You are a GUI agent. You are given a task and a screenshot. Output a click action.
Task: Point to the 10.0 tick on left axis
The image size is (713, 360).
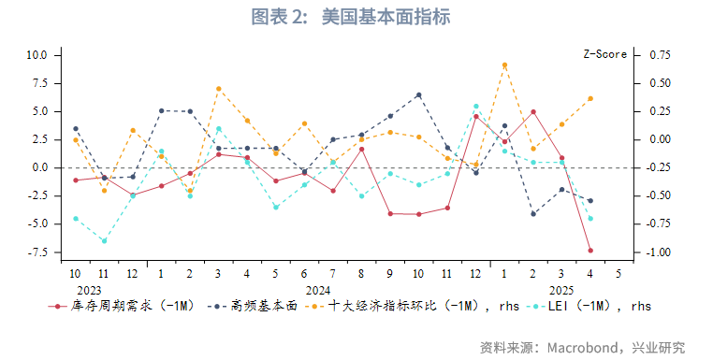(36, 55)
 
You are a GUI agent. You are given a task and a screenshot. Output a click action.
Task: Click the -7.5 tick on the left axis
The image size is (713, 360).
(36, 252)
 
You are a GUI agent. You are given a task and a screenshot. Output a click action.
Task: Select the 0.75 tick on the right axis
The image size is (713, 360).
(660, 55)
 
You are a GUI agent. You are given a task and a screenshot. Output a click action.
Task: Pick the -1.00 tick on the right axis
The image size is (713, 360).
(660, 252)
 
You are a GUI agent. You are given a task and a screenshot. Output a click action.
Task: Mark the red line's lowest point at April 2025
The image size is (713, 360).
(590, 251)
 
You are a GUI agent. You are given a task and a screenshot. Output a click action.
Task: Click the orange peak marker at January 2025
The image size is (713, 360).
(504, 65)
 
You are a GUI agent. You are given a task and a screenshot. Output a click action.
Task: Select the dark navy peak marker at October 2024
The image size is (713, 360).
(418, 95)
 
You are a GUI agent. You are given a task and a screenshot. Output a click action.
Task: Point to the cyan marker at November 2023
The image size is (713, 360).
(104, 240)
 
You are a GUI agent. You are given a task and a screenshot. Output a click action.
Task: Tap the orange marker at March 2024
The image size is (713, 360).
(218, 89)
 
